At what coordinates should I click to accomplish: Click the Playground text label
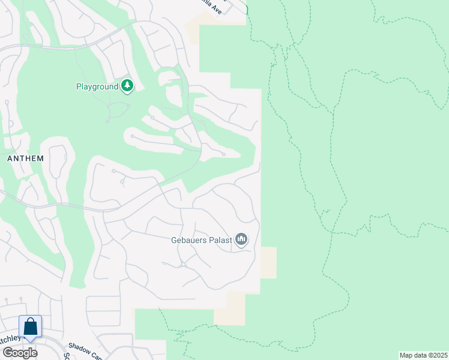[x=97, y=86]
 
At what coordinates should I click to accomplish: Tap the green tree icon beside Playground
[x=127, y=86]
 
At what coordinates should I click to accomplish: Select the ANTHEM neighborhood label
[x=25, y=158]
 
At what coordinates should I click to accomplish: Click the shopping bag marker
[x=31, y=328]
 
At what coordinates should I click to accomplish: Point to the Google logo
[x=19, y=352]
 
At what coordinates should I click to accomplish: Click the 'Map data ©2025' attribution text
[x=423, y=355]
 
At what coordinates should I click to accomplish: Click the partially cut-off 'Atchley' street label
[x=10, y=339]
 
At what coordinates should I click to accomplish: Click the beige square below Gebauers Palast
[x=268, y=262]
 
